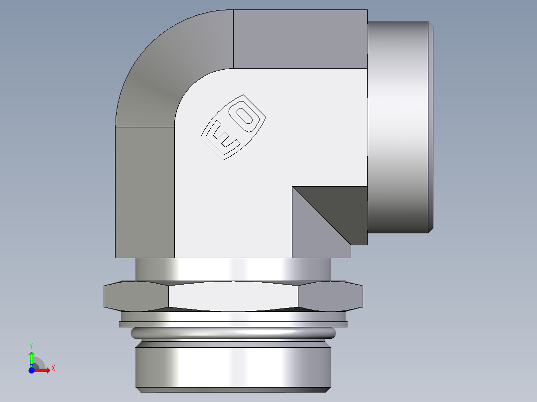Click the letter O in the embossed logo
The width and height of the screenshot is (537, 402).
pyautogui.click(x=245, y=116)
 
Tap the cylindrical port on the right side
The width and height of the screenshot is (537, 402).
pyautogui.click(x=399, y=127)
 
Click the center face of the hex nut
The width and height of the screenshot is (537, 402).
pyautogui.click(x=233, y=296)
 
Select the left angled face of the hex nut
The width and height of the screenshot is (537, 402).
pyautogui.click(x=134, y=296)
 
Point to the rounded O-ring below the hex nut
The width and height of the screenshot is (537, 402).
pyautogui.click(x=233, y=333)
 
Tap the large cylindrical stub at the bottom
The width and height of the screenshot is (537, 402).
pyautogui.click(x=233, y=366)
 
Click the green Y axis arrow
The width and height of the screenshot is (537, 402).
pyautogui.click(x=31, y=357)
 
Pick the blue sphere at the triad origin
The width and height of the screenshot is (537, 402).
pyautogui.click(x=31, y=370)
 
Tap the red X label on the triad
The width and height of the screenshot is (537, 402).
pyautogui.click(x=53, y=368)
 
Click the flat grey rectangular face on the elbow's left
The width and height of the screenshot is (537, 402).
pyautogui.click(x=145, y=192)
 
